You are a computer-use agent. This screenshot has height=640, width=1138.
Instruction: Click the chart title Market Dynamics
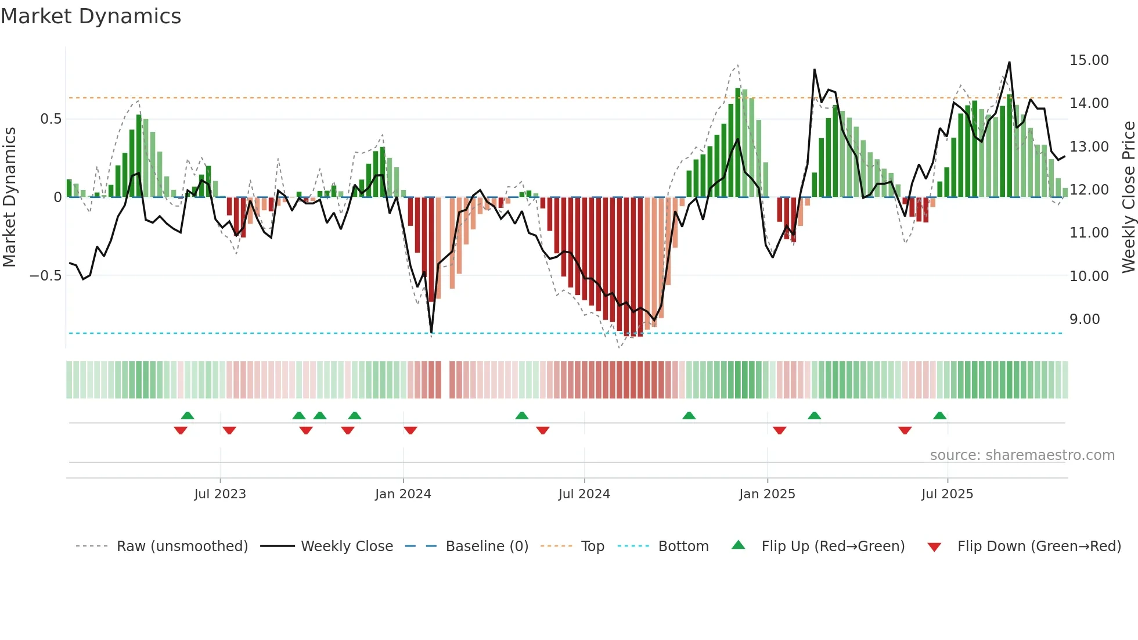(91, 16)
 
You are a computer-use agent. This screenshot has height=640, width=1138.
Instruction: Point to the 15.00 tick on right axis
(1089, 60)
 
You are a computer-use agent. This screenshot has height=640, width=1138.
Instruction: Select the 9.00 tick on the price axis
(1085, 319)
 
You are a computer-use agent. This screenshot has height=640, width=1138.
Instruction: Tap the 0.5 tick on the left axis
(51, 119)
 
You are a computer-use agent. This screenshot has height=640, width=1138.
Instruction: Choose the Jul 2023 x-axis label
(220, 494)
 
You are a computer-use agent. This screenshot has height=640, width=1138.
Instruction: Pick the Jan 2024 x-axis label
(403, 494)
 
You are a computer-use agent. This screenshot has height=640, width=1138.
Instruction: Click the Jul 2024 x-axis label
(584, 494)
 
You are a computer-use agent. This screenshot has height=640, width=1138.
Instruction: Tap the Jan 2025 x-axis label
(767, 494)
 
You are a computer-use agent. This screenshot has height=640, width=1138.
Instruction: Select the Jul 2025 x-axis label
(947, 494)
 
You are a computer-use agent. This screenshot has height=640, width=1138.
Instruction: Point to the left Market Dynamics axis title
(9, 197)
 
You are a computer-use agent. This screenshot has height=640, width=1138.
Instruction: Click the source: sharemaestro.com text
(1022, 455)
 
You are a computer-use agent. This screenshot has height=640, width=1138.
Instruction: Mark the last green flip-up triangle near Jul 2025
(939, 416)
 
